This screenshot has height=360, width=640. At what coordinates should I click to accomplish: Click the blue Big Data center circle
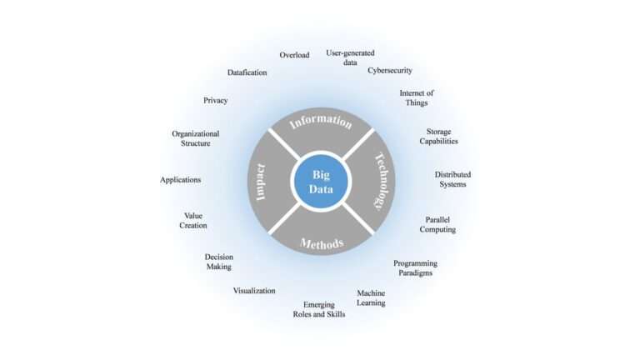pos(322,182)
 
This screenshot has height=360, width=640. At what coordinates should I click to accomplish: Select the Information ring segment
pos(321,122)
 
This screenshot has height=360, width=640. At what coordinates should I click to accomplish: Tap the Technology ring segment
pos(380,182)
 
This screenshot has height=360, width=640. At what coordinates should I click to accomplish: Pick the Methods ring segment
pos(322,242)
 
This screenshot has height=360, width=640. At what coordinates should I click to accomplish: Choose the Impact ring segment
pos(262,182)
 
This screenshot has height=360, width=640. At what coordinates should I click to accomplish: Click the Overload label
pos(294,55)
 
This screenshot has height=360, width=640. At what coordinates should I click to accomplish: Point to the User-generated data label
pos(350,57)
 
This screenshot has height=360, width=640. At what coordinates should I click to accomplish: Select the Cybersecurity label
pos(390,71)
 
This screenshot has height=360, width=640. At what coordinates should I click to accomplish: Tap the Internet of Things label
pos(417,97)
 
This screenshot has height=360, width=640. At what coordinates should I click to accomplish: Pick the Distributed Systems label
pos(452,179)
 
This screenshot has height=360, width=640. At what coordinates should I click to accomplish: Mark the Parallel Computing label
pos(437,224)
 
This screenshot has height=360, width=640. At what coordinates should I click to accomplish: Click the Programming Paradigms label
pos(415,267)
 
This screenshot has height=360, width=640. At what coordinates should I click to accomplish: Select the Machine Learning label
pos(371,297)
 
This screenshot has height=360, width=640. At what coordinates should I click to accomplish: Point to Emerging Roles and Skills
pos(318,309)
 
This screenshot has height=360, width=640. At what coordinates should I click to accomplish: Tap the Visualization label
pos(254,291)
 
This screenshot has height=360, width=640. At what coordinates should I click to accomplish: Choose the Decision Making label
pos(218,262)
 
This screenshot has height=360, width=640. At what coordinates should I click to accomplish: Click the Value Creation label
pos(193,220)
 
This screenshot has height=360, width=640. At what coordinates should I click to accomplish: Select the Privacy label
pos(215,101)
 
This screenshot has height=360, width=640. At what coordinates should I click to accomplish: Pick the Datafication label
pos(247,72)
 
